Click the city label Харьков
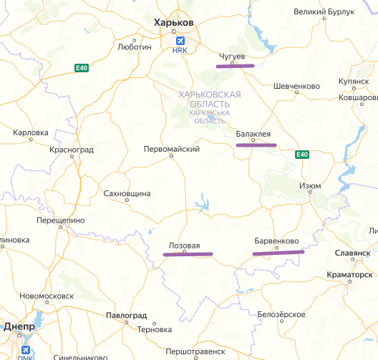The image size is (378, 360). point(174,22)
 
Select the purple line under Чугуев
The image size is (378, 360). point(235,66)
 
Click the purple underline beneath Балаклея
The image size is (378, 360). point(256,145)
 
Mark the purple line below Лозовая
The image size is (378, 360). point(188,255)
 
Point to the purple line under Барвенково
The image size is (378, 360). point(278,252)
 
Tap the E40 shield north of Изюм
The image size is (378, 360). point(301,155)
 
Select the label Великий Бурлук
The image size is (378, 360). point(325,12)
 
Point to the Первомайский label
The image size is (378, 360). point(171,149)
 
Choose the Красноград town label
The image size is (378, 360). point(72,149)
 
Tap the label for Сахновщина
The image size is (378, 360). point(127,193)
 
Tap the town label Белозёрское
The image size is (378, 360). point(282,315)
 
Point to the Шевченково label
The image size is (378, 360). point(296,86)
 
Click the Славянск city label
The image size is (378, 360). point(352,253)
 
